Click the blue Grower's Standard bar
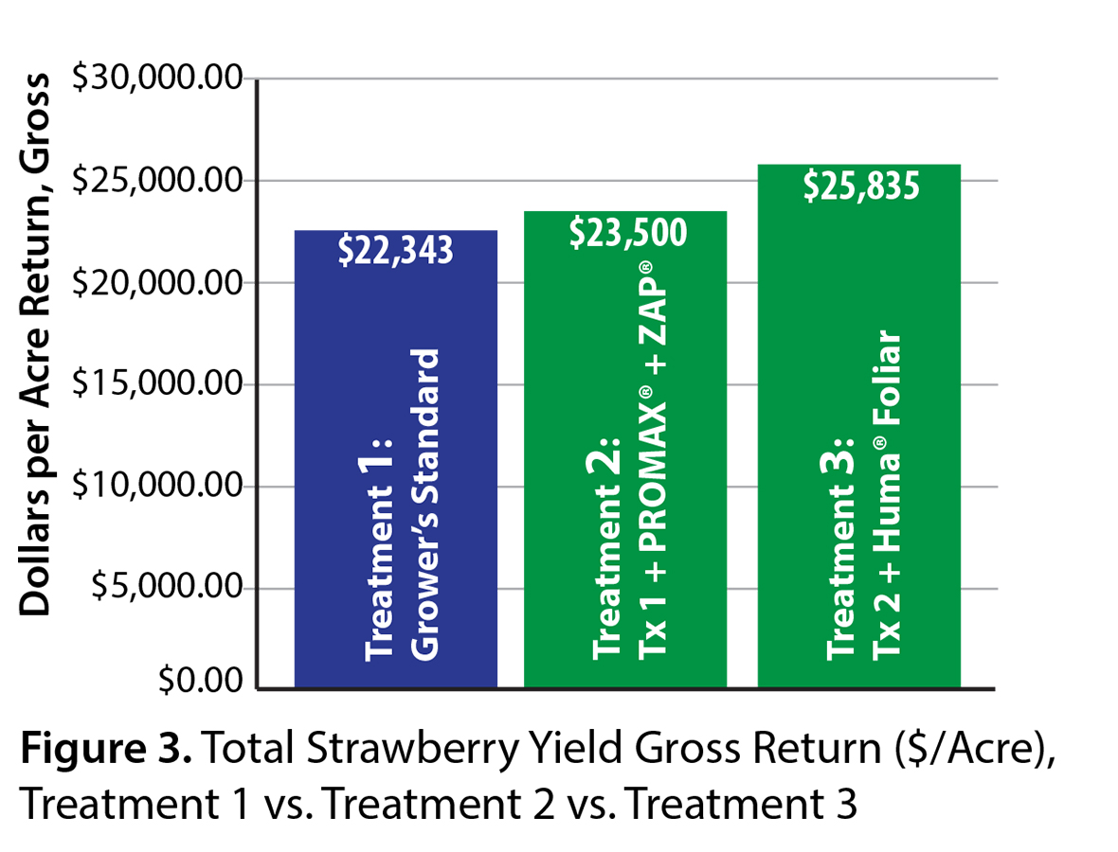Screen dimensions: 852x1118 (396, 473)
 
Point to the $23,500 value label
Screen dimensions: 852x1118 (626, 232)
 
